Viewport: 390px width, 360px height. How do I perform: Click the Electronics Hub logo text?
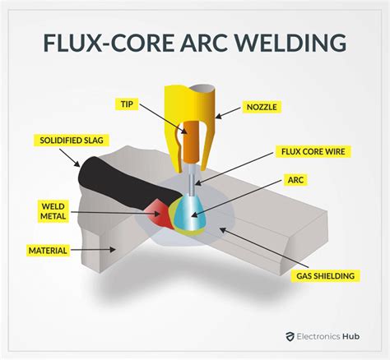(x=338, y=336)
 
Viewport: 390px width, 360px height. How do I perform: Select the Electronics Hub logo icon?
(x=290, y=336)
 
